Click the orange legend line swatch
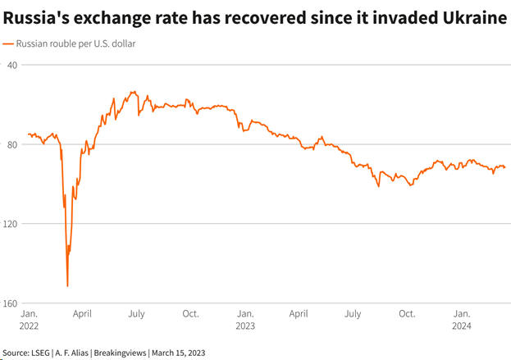click(8, 43)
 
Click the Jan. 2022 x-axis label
click(29, 318)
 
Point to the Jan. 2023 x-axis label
click(245, 318)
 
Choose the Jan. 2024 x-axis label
click(462, 318)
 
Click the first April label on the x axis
click(82, 313)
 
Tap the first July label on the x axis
click(136, 313)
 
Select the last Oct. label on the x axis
click(407, 313)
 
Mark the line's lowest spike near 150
click(67, 285)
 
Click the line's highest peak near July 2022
click(133, 92)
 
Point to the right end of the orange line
click(505, 167)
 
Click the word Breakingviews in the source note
click(121, 353)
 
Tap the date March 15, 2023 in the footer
click(178, 353)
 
